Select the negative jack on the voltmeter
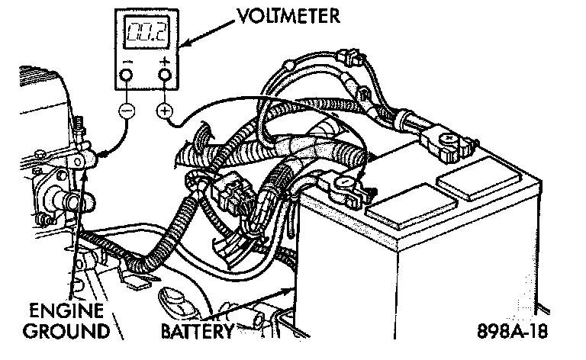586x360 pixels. [x=127, y=74]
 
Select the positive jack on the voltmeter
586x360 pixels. [x=163, y=74]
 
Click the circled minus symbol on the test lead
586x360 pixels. [x=127, y=111]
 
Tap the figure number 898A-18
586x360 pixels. [x=511, y=333]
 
